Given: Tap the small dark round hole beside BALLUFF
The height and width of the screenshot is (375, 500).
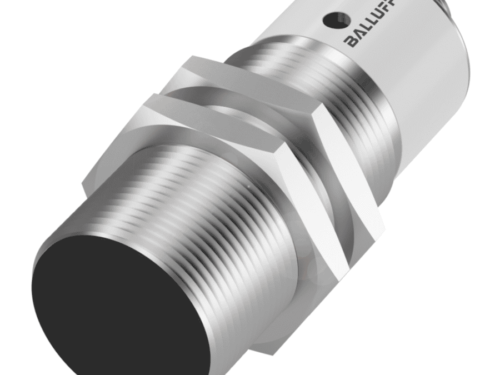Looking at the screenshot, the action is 335,19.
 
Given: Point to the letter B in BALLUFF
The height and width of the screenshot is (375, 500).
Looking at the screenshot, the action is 351,41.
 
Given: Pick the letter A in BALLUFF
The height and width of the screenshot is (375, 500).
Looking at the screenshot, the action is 359,35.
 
